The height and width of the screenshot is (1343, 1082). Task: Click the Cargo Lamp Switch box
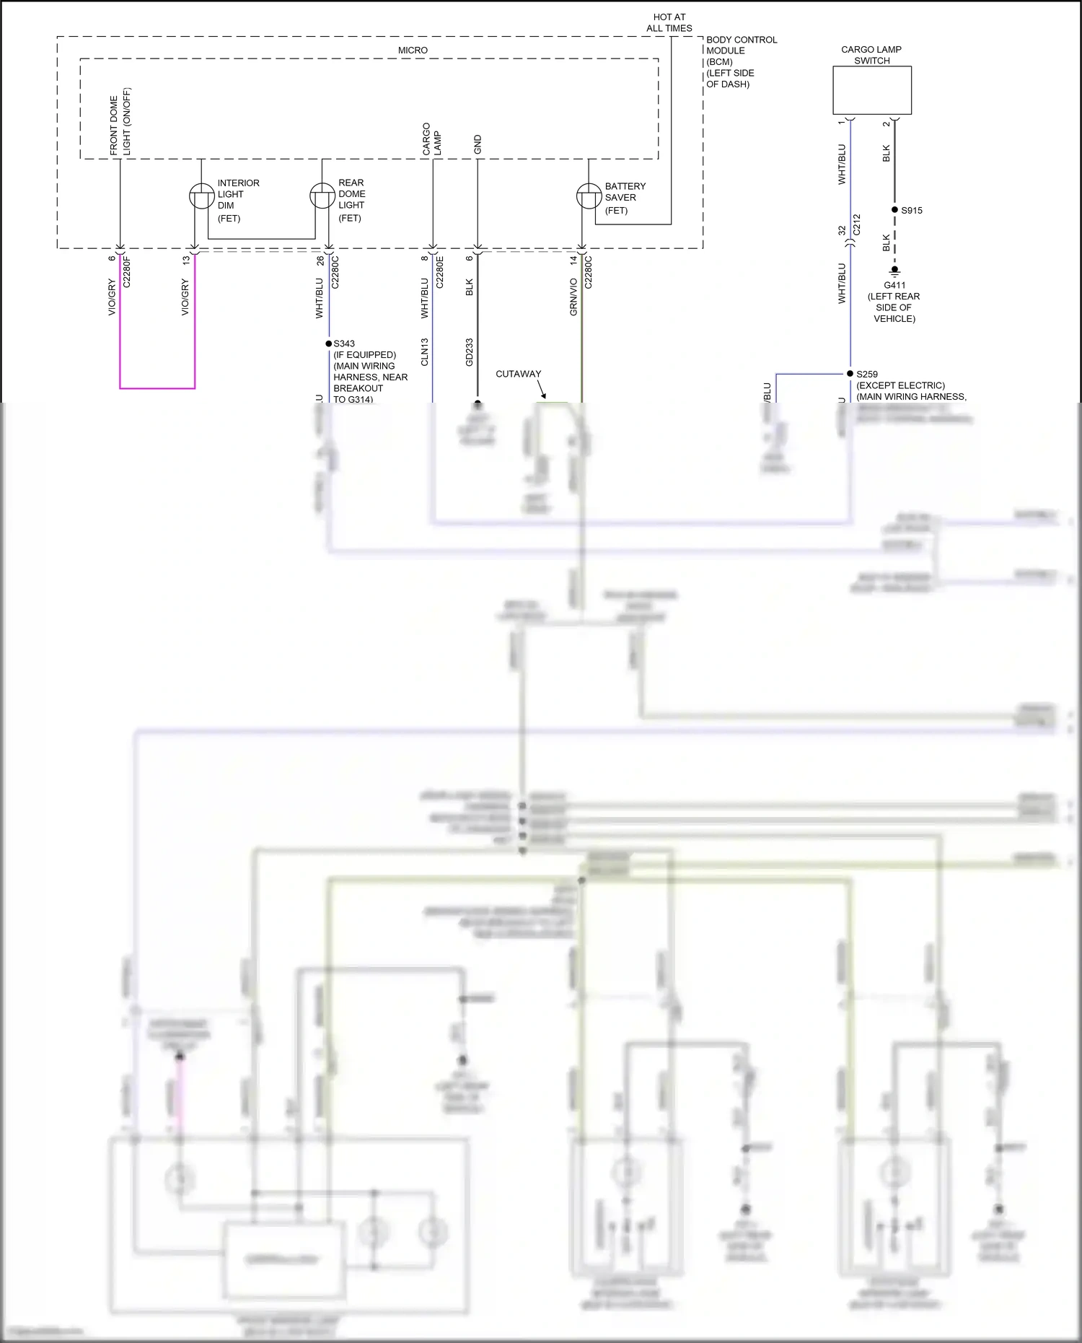(x=872, y=90)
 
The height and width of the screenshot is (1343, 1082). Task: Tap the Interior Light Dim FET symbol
(x=202, y=196)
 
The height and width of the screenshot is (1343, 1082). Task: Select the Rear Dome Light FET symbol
(x=322, y=196)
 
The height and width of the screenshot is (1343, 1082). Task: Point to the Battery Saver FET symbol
(x=589, y=196)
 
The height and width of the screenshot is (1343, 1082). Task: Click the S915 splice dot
(x=894, y=210)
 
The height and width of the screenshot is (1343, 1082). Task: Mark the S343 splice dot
(x=329, y=344)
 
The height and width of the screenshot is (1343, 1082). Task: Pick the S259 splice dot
(x=850, y=374)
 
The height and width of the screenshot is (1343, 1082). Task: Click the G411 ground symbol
(x=894, y=271)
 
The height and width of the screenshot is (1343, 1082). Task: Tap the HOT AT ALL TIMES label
(x=669, y=22)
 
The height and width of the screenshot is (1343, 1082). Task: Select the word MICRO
(x=413, y=51)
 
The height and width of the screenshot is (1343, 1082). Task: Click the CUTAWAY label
(x=518, y=374)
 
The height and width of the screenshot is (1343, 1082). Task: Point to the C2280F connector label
(x=127, y=271)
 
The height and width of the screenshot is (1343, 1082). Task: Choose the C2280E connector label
(x=440, y=271)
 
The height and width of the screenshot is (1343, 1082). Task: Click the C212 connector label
(x=857, y=224)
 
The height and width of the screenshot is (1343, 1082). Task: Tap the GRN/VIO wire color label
(x=573, y=297)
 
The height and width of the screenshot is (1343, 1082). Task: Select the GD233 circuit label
(x=470, y=352)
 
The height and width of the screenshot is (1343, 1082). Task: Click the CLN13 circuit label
(x=425, y=352)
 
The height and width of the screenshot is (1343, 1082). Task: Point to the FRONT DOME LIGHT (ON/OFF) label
(x=120, y=122)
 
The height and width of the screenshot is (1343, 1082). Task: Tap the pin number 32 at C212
(x=842, y=230)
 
